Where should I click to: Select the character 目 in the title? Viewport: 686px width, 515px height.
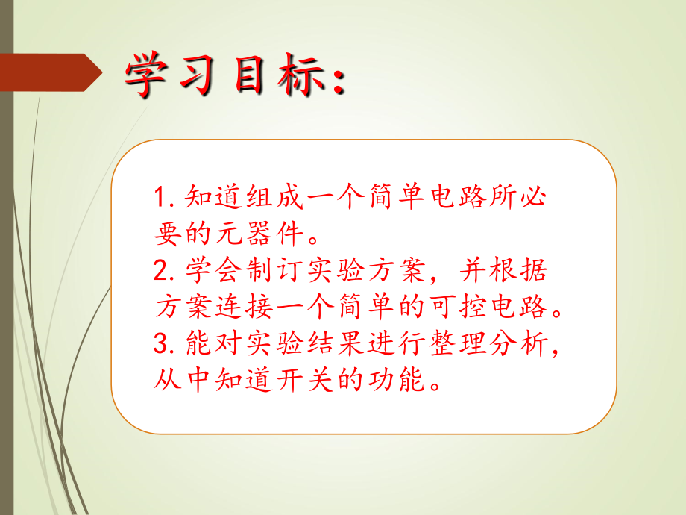click(254, 77)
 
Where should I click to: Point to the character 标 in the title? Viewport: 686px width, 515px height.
click(305, 77)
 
